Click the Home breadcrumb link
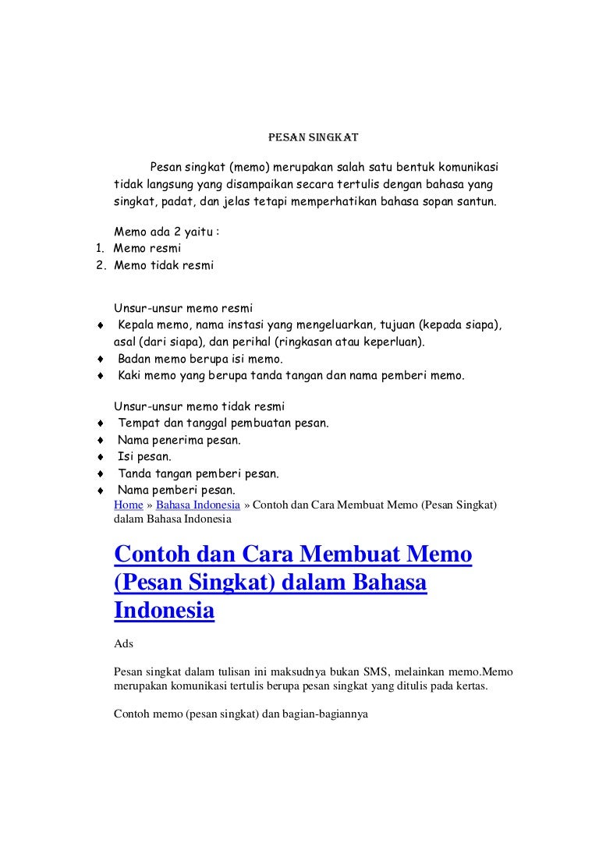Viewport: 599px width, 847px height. pos(127,505)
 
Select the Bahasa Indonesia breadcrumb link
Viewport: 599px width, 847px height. pos(199,505)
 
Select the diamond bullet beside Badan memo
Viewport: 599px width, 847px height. pos(101,360)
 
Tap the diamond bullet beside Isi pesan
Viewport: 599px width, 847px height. pos(101,457)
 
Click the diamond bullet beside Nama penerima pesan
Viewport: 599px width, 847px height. pos(101,441)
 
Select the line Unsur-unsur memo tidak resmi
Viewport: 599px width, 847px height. pos(200,406)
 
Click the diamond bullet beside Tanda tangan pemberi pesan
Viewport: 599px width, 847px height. pos(101,473)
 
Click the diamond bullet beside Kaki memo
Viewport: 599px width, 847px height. pos(101,376)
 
